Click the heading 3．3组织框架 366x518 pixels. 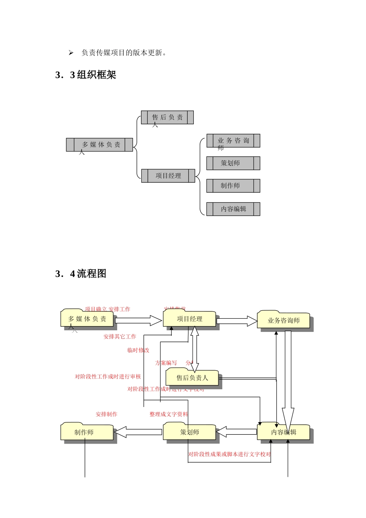86,75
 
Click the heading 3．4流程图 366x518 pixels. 81,274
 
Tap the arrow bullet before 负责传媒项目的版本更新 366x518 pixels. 71,53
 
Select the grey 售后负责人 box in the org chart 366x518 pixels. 167,118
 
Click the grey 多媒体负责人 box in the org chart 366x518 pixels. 99,145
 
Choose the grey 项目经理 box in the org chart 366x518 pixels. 168,176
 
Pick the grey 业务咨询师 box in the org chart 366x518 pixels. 233,141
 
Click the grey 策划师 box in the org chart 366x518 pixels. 233,163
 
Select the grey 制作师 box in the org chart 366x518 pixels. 233,186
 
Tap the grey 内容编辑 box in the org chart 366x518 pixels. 233,209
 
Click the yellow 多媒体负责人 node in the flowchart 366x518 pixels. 87,319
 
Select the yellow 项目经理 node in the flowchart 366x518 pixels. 189,319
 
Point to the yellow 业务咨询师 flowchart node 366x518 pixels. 284,320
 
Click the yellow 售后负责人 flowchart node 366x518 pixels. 192,378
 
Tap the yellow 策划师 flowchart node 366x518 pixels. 189,432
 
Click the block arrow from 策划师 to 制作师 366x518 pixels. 138,432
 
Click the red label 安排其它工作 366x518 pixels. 120,336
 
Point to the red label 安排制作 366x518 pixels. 106,414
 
